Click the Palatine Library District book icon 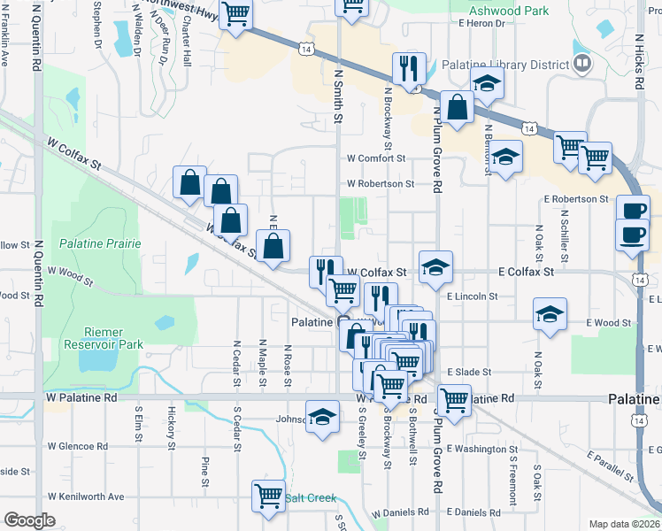coord(582,63)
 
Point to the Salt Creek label coord(309,498)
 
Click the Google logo coord(29,520)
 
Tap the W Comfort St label coord(375,158)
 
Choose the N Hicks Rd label coord(638,62)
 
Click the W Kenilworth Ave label coord(86,496)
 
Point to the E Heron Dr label coord(482,24)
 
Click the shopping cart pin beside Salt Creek coord(267,496)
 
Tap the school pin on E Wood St coord(550,315)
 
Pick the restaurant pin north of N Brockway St coord(409,68)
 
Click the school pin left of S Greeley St coord(322,417)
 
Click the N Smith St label coord(337,97)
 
